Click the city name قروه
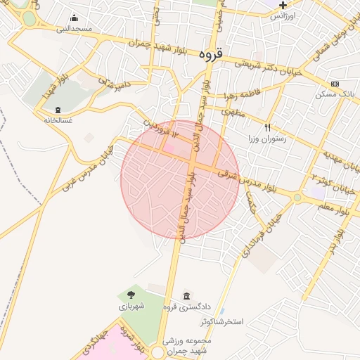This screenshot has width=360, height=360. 210,54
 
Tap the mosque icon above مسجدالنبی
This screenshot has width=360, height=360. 75,19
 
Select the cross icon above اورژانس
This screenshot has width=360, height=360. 283,6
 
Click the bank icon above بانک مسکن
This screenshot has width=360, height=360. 335,84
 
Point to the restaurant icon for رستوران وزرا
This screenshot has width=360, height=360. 267,127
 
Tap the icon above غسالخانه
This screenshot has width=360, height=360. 58,110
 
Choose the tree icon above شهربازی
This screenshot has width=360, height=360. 131,295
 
